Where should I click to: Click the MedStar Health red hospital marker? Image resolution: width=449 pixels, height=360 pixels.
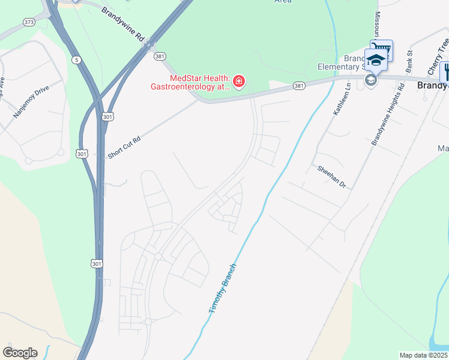tap(239, 81)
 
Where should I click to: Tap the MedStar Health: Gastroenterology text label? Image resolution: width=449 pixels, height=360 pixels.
tap(191, 82)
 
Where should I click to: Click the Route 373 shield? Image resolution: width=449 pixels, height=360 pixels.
tap(29, 22)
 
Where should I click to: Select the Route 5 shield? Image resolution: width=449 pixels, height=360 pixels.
tap(76, 59)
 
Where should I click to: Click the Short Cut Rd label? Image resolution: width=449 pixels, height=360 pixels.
tap(124, 147)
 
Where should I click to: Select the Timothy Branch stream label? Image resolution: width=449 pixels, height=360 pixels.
tap(223, 289)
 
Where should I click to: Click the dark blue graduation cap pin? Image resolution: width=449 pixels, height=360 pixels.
tap(376, 61)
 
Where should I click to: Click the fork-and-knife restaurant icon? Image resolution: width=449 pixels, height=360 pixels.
tap(445, 71)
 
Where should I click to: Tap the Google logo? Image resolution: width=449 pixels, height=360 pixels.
tap(20, 353)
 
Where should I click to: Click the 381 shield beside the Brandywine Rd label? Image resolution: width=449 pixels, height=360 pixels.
tap(159, 56)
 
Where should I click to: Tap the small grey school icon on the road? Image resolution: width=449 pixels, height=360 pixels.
tap(370, 81)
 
